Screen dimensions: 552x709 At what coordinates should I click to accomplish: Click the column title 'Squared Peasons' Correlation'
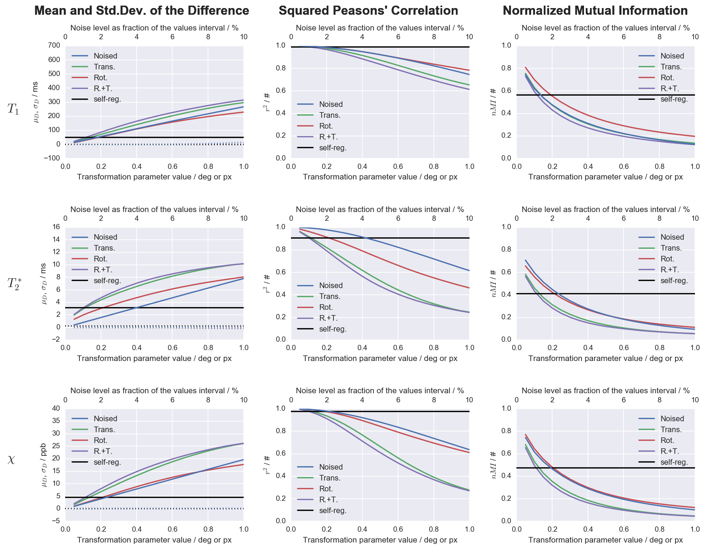click(x=368, y=11)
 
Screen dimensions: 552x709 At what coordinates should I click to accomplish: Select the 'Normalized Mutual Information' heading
click(x=595, y=11)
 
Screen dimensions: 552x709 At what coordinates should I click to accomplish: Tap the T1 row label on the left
click(x=13, y=109)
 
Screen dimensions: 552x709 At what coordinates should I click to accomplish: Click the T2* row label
click(x=14, y=283)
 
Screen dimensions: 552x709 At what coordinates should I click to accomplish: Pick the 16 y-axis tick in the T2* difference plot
click(x=56, y=227)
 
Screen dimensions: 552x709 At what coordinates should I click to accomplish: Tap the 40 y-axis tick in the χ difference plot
click(x=56, y=408)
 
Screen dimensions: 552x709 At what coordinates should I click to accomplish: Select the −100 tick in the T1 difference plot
click(x=52, y=158)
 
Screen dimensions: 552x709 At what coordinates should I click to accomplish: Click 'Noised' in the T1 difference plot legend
click(x=105, y=56)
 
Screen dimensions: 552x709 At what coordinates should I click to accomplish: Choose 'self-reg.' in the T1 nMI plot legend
click(x=674, y=99)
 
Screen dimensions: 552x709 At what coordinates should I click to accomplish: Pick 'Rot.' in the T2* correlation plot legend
click(x=326, y=307)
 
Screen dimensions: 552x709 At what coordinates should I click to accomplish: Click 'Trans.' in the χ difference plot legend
click(x=104, y=430)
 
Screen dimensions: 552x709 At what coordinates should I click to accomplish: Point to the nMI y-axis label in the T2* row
click(x=494, y=283)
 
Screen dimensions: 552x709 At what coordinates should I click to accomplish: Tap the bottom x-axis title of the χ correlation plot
click(x=380, y=540)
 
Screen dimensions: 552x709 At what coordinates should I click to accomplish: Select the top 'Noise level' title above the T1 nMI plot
click(x=605, y=28)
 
